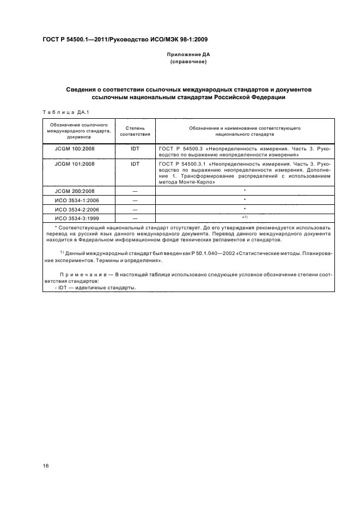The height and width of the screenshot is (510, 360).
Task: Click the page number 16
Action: point(46,466)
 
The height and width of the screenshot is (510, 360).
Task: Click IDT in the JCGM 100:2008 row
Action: point(135,148)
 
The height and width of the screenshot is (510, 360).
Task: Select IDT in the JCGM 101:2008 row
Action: point(135,163)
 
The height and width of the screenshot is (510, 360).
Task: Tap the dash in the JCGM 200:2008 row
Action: point(135,191)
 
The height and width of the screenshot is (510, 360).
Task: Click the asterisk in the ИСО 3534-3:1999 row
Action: point(245,218)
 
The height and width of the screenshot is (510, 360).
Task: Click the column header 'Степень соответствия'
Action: point(135,130)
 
